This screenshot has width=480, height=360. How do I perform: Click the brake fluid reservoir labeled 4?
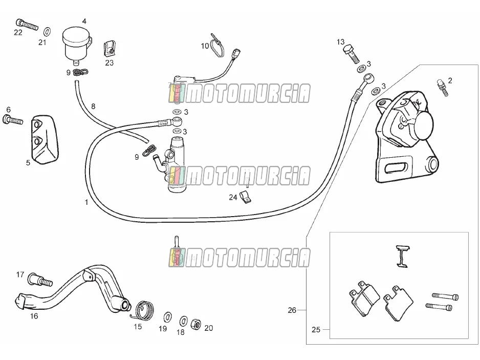pos(77,45)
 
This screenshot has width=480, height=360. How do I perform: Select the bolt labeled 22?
pos(27,25)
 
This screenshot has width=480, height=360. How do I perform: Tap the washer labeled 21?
pos(47,31)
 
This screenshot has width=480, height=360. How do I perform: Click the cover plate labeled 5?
pos(44,139)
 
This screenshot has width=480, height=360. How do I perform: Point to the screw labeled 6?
pos(13,120)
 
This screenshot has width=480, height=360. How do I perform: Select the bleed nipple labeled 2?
pos(442,87)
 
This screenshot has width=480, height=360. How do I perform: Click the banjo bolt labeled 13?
pos(352,54)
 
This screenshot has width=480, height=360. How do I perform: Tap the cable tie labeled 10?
pos(217,46)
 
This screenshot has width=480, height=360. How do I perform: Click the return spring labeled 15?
pos(144,309)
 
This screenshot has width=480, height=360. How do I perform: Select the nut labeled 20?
pos(195,324)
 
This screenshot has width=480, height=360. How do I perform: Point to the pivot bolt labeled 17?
pos(40,280)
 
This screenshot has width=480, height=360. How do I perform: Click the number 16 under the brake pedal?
pos(34,316)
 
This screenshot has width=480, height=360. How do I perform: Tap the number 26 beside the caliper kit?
pos(292,310)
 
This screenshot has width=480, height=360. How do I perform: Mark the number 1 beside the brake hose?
pos(86,202)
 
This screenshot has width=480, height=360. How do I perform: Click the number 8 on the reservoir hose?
pos(93,106)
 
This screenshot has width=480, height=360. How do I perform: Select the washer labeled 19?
pos(168,317)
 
